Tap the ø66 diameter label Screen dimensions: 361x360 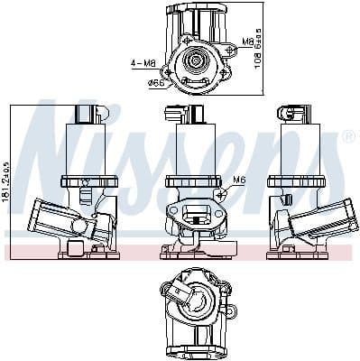pyautogui.click(x=156, y=83)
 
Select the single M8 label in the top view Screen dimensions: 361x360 pyautogui.click(x=248, y=42)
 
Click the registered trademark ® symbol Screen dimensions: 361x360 pyautogui.click(x=348, y=137)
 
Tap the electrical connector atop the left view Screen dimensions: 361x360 pyautogui.click(x=88, y=114)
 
